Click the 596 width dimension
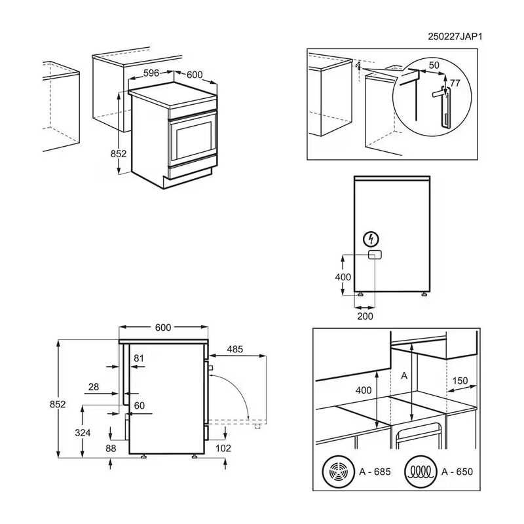pyautogui.click(x=151, y=73)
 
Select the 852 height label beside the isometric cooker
pyautogui.click(x=118, y=153)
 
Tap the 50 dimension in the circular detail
pyautogui.click(x=434, y=66)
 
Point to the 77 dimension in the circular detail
pyautogui.click(x=456, y=83)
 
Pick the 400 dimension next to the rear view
pyautogui.click(x=343, y=277)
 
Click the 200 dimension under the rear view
pyautogui.click(x=365, y=316)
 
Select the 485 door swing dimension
pyautogui.click(x=235, y=349)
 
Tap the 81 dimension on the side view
pyautogui.click(x=138, y=358)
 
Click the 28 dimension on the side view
pyautogui.click(x=94, y=387)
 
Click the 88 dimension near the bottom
pyautogui.click(x=110, y=448)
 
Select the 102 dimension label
pyautogui.click(x=223, y=448)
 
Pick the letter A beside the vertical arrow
pyautogui.click(x=403, y=375)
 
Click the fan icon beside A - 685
pyautogui.click(x=339, y=471)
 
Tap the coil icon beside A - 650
pyautogui.click(x=421, y=471)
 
